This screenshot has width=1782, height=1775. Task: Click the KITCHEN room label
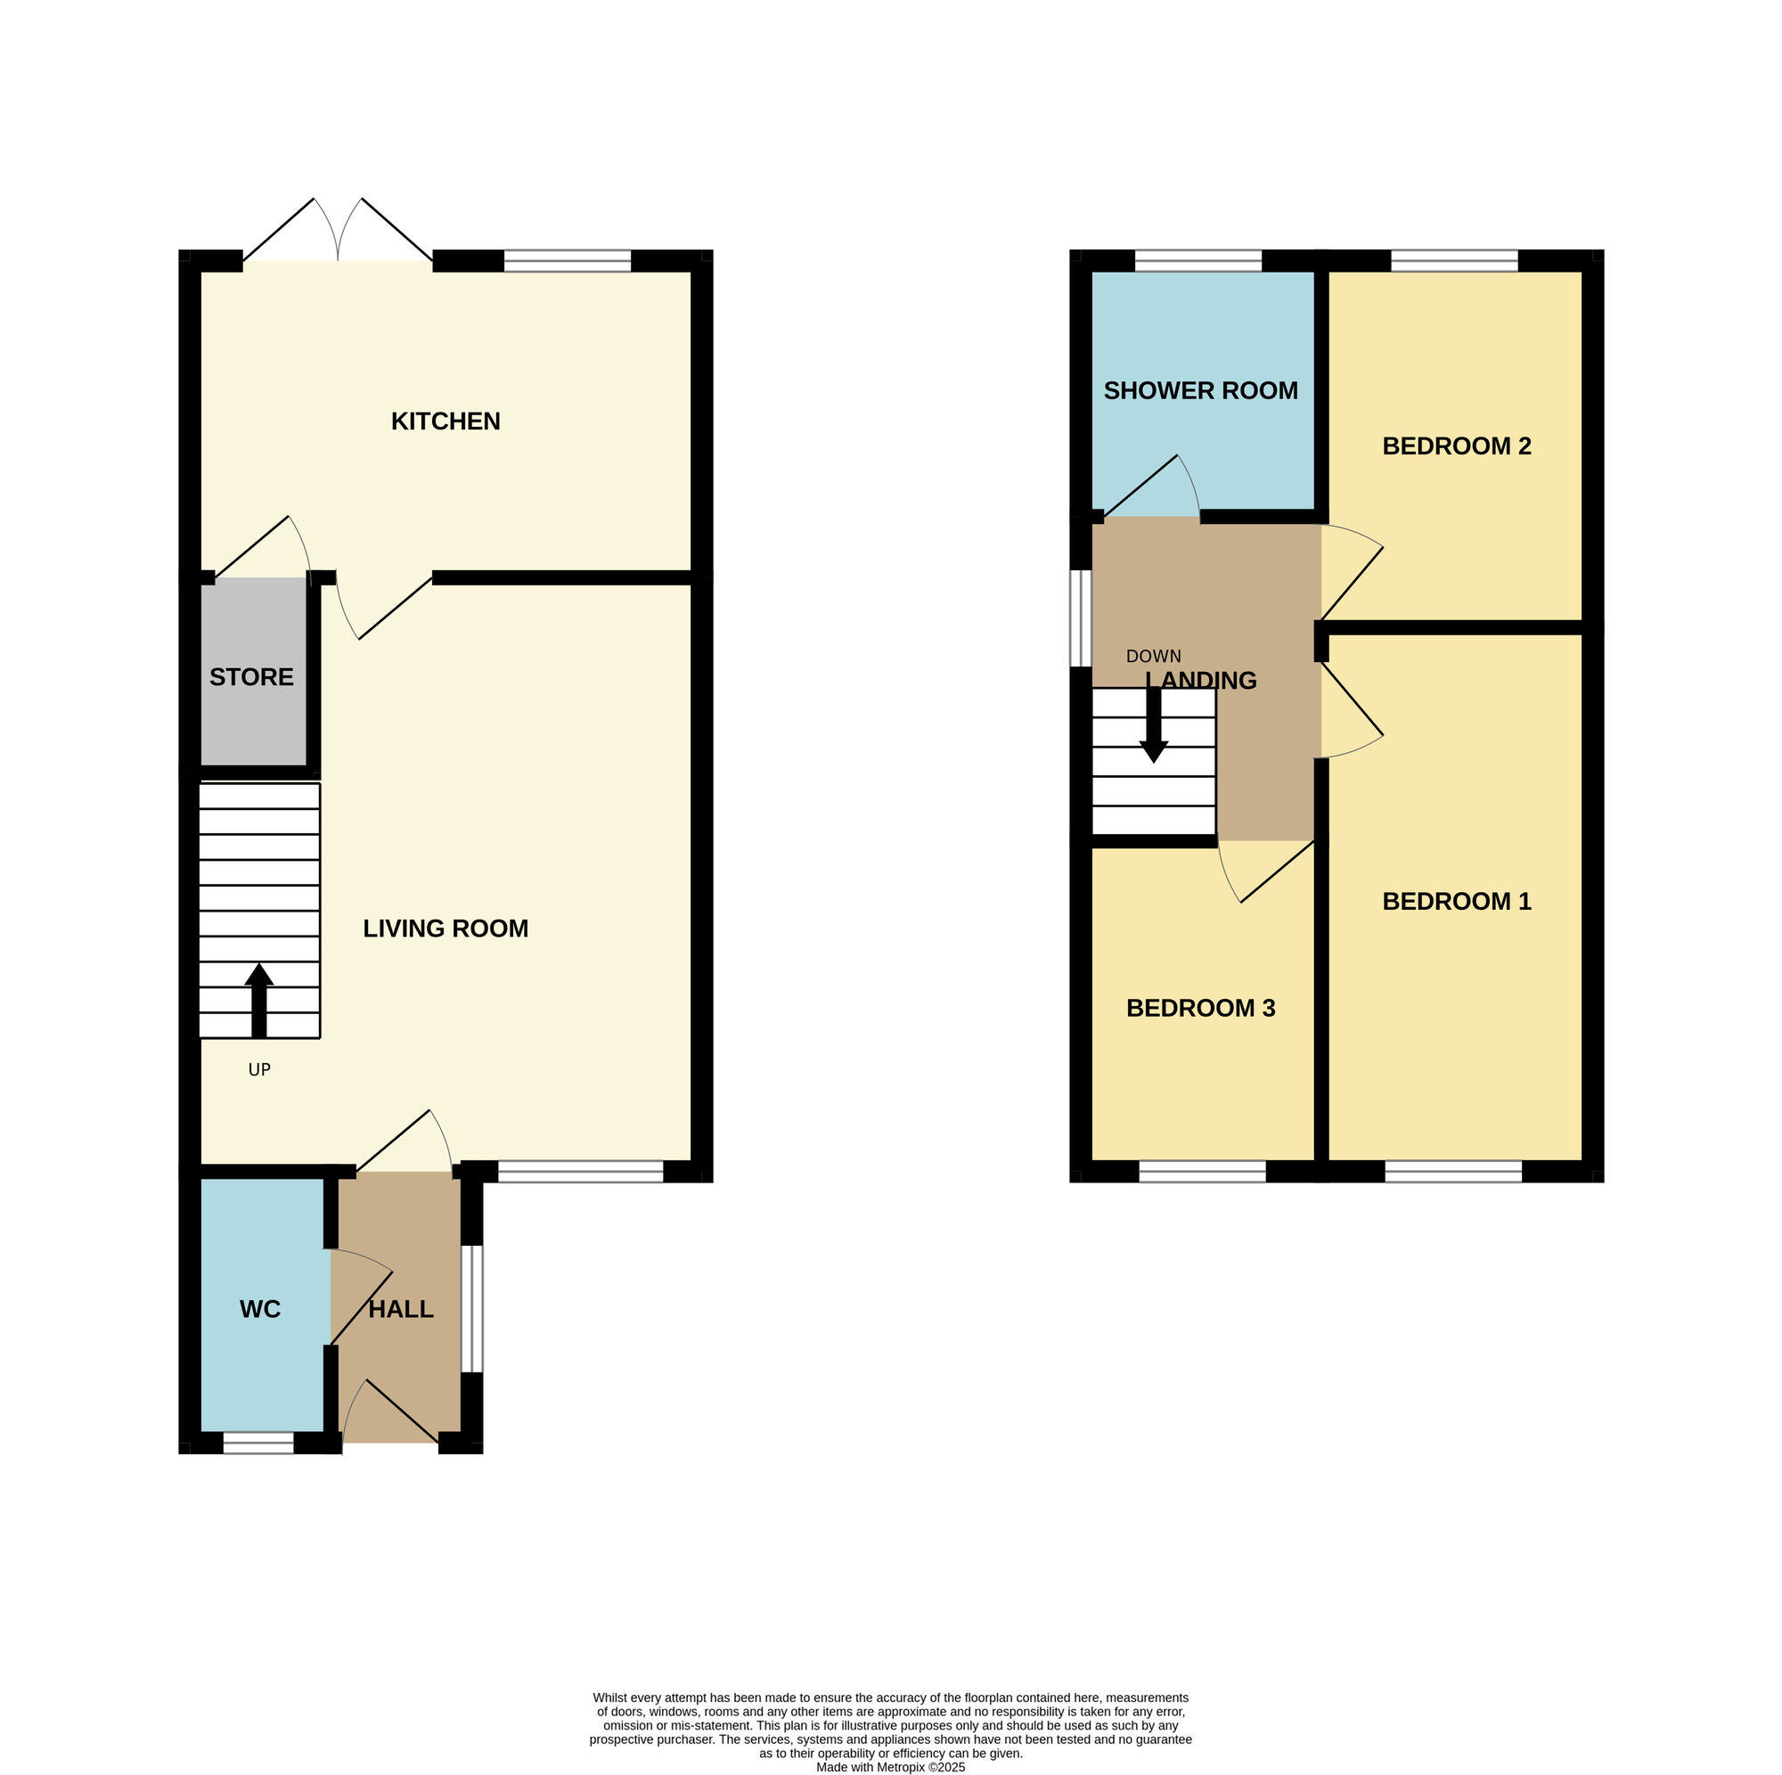coord(445,421)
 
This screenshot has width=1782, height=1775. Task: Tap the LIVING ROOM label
coord(445,928)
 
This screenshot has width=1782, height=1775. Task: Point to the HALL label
coord(400,1309)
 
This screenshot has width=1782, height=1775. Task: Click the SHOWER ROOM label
coord(1200,391)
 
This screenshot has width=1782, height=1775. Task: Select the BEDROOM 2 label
coord(1456,446)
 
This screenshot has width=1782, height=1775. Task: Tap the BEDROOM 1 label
coord(1456,902)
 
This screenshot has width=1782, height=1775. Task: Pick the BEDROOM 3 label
coord(1200,1009)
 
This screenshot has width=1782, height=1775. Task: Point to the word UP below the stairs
coord(259,1070)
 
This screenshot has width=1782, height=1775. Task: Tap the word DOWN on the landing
coord(1153,657)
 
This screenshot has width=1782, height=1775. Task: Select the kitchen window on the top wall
coord(567,261)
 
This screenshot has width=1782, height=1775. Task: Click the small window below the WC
coord(258,1444)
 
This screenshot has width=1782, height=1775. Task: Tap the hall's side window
coord(471,1309)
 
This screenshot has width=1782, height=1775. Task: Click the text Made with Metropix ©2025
coord(890,1768)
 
